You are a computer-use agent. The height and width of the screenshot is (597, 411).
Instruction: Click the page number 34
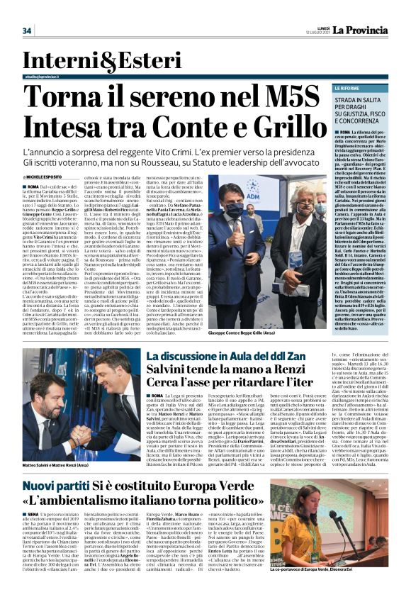pyautogui.click(x=28, y=30)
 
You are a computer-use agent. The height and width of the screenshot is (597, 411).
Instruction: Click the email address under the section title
pyautogui.click(x=49, y=74)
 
